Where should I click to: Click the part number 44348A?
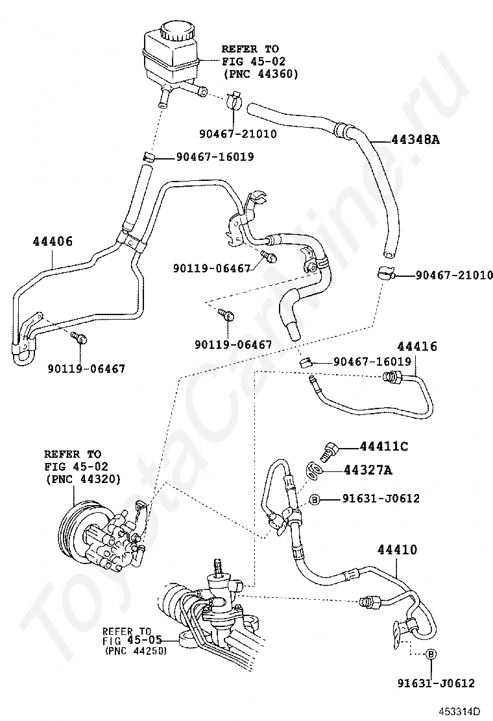click(415, 139)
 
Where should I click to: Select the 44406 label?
click(53, 241)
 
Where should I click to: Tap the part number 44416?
click(417, 346)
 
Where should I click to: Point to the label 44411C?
click(383, 446)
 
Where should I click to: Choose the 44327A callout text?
click(368, 470)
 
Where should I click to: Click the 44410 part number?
click(398, 549)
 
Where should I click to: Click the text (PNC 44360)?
click(260, 74)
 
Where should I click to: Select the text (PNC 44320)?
click(83, 479)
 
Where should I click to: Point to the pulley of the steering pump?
click(75, 535)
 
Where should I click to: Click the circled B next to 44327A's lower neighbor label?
click(314, 499)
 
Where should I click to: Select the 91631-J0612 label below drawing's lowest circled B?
click(436, 683)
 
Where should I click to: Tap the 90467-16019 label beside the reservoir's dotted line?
click(215, 157)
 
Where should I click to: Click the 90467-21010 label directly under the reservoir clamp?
click(238, 134)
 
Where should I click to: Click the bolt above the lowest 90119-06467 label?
click(79, 338)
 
